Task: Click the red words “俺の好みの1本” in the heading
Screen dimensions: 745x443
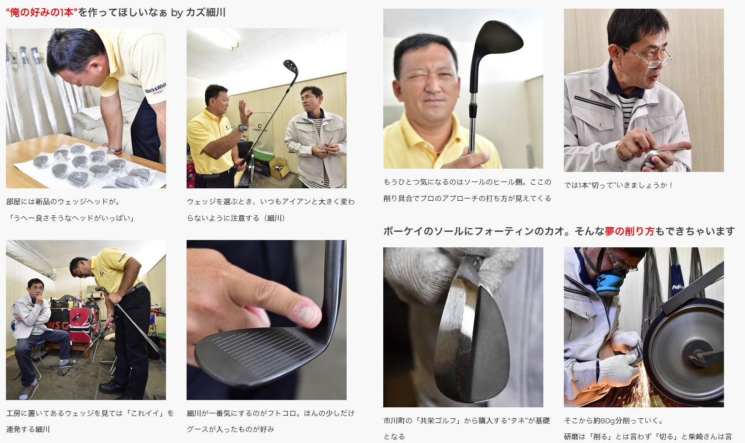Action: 42,13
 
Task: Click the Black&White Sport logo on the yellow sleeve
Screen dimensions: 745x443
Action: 155,89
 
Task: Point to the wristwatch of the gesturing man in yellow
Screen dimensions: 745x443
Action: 242,128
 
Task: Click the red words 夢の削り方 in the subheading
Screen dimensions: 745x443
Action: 629,231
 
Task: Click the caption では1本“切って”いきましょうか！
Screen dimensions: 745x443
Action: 618,185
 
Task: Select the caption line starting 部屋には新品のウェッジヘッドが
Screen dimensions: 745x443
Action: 63,202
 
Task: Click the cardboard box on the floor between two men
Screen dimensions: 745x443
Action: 279,167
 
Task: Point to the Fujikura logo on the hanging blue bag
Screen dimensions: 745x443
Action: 678,287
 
